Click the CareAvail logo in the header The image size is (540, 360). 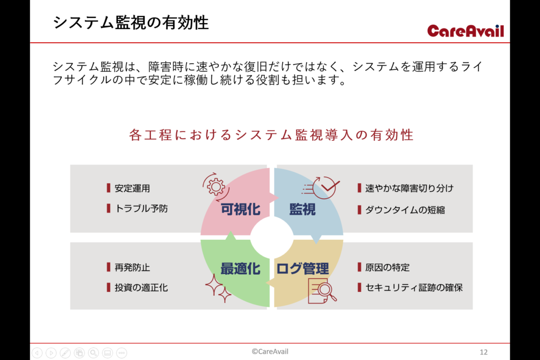tap(466, 31)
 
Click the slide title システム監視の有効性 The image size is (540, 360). tap(131, 23)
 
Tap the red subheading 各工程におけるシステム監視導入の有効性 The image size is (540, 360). tap(271, 135)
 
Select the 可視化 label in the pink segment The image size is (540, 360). tap(240, 209)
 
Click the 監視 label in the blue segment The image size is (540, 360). tap(302, 209)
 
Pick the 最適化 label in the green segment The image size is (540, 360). tap(240, 269)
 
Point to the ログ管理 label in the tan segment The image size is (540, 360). tap(303, 269)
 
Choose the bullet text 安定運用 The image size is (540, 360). tap(132, 188)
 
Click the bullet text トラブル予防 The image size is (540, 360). tap(141, 209)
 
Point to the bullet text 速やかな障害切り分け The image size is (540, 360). tap(409, 188)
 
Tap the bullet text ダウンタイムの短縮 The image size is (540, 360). tap(405, 210)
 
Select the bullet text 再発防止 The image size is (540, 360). tap(132, 267)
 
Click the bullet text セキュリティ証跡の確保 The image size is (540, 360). tap(414, 288)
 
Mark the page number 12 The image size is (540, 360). tap(484, 352)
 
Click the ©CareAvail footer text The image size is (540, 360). tap(270, 352)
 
